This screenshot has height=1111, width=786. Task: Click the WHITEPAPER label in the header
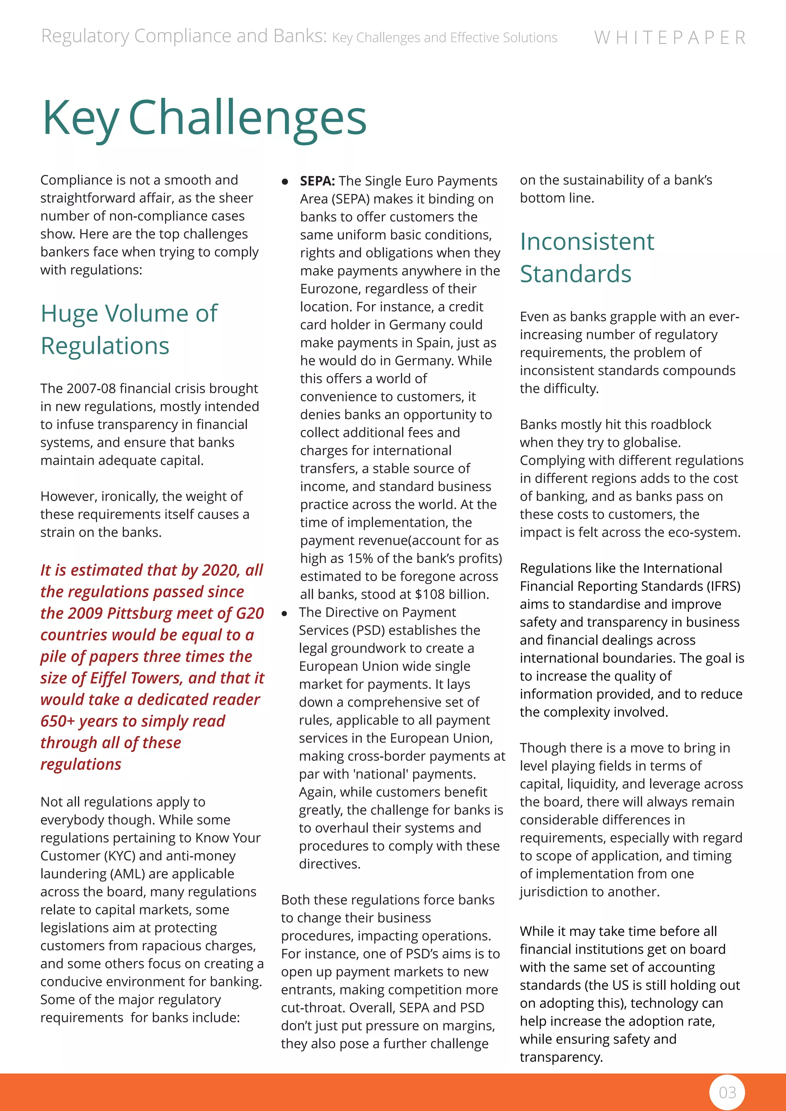point(670,38)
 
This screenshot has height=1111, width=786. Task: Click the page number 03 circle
point(727,1092)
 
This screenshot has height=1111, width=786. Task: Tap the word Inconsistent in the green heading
point(586,241)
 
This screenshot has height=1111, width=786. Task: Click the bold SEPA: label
point(317,181)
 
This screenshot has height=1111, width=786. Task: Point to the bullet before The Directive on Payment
point(285,613)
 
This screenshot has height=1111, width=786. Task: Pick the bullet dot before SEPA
point(285,182)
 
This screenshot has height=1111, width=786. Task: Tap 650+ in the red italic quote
point(57,721)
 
